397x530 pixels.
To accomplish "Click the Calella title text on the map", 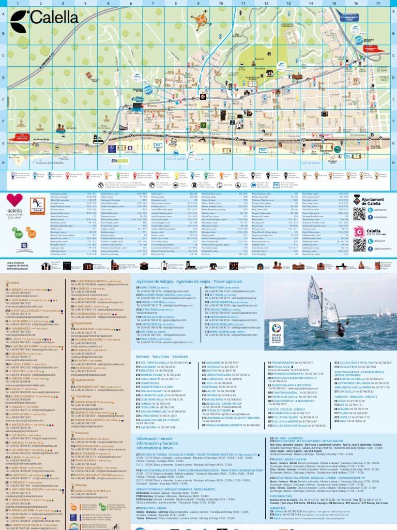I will [x=50, y=19].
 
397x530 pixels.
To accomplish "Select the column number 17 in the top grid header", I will [x=378, y=3].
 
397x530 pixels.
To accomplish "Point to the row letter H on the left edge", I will [x=4, y=161].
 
